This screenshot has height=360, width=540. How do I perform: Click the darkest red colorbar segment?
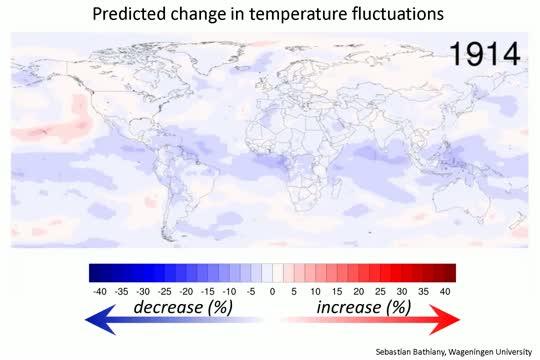pos(448,272)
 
